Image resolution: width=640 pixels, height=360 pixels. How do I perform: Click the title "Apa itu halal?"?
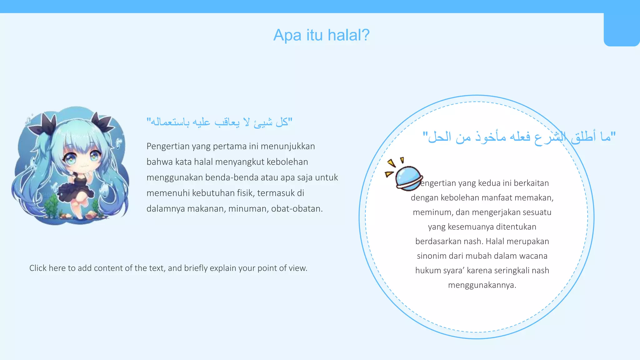click(x=321, y=35)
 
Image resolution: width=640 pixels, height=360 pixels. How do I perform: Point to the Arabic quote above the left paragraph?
click(x=220, y=122)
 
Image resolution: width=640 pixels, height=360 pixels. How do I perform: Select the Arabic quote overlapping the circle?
click(x=519, y=137)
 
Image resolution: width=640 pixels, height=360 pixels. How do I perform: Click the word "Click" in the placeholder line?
click(x=38, y=268)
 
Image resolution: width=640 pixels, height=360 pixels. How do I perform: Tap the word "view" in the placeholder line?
click(x=297, y=268)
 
